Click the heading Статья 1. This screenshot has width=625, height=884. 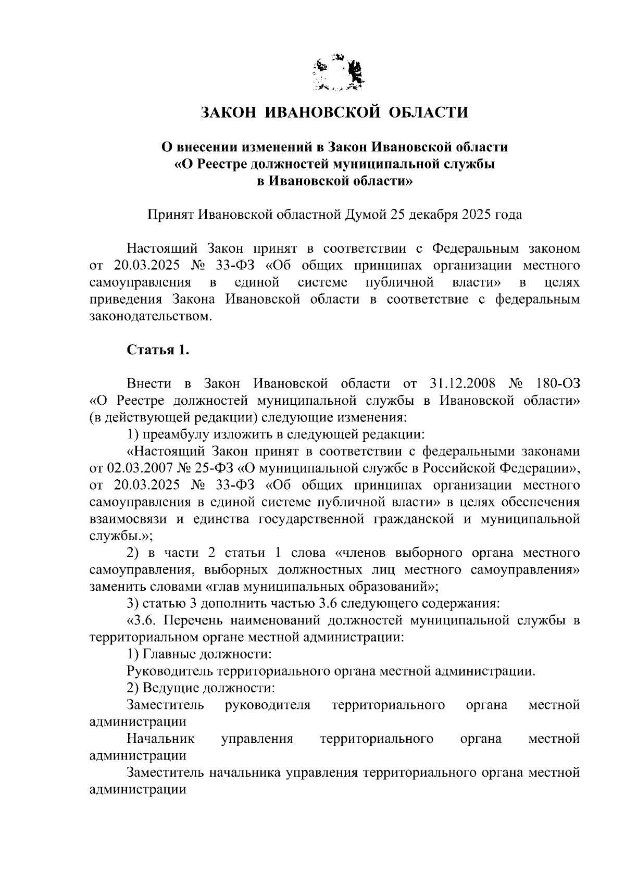click(158, 350)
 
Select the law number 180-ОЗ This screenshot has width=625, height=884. click(554, 384)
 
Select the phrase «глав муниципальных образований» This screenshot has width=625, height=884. click(319, 586)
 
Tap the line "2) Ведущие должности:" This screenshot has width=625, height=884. click(201, 688)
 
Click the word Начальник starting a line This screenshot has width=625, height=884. click(160, 739)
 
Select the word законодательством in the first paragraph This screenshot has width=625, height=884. click(151, 316)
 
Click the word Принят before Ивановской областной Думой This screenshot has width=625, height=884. click(171, 214)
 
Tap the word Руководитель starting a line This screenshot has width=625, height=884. click(167, 671)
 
